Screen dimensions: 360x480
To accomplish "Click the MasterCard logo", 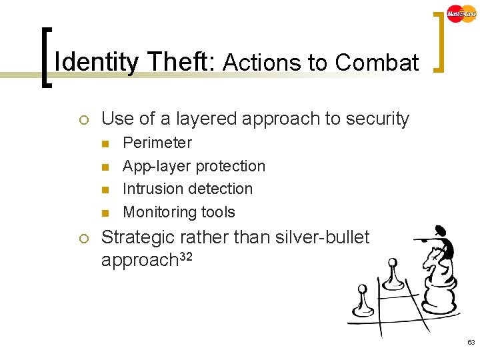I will (461, 13).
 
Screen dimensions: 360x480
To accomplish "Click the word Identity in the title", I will (96, 63).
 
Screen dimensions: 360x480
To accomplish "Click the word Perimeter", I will (157, 143).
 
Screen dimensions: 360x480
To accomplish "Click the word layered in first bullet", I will (203, 119).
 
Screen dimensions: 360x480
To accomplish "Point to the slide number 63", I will (471, 341).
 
